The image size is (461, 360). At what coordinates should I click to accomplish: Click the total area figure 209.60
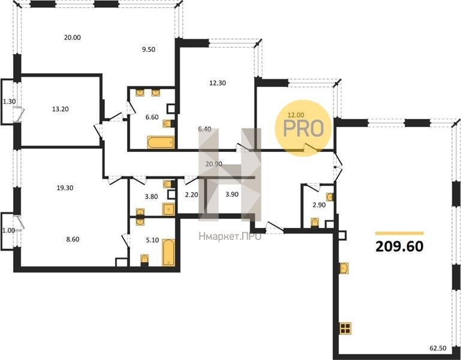click(399, 247)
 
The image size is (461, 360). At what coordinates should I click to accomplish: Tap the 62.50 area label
click(438, 348)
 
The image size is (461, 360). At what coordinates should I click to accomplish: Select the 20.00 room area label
click(73, 37)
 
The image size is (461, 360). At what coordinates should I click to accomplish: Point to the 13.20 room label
click(61, 109)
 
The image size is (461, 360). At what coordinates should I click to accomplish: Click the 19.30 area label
click(65, 188)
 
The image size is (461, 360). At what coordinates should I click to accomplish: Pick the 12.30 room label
click(218, 83)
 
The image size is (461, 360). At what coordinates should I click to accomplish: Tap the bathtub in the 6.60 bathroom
click(161, 142)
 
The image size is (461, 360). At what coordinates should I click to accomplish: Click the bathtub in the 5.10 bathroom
click(168, 253)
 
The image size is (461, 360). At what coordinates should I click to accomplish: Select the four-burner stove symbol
click(345, 328)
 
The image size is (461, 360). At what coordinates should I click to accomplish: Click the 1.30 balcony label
click(9, 102)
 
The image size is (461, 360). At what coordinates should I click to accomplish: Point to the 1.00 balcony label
click(8, 230)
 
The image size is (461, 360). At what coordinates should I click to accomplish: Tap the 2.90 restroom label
click(319, 205)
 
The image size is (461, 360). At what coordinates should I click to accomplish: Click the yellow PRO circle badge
click(303, 128)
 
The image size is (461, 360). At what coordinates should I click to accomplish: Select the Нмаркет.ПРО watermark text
click(230, 236)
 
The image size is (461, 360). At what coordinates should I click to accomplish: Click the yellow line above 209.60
click(399, 233)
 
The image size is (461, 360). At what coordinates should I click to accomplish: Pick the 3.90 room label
click(231, 194)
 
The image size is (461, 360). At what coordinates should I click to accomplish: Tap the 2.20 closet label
click(191, 194)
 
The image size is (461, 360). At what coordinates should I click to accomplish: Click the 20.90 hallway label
click(214, 164)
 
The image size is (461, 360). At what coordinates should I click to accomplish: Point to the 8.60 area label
click(73, 239)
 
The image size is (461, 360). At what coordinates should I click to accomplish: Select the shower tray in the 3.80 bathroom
click(168, 209)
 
